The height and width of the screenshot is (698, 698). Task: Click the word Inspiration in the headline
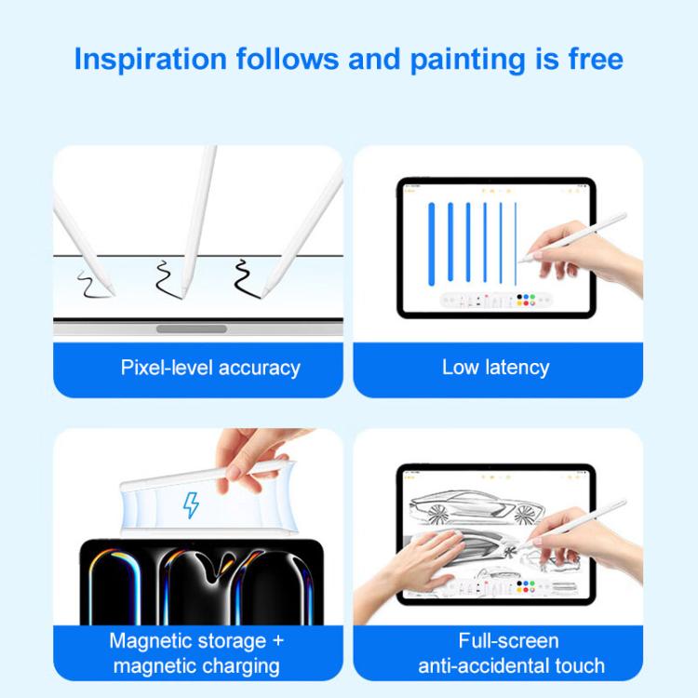(151, 60)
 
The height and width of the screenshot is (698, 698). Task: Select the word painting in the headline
(468, 60)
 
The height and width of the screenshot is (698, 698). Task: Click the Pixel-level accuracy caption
(210, 369)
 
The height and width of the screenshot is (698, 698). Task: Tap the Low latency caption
(496, 369)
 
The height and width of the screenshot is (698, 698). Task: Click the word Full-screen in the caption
(508, 641)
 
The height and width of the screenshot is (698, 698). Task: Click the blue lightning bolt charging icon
(191, 505)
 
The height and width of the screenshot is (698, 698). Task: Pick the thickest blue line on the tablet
(431, 244)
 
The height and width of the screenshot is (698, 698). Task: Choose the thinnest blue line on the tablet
(516, 244)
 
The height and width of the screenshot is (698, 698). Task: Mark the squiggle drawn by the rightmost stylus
(247, 279)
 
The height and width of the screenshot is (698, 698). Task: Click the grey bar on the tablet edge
(192, 329)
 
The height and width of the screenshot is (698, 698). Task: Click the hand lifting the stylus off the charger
(249, 459)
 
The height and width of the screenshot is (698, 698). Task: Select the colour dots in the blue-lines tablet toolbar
(526, 300)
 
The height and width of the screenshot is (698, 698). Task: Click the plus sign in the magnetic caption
(278, 641)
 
